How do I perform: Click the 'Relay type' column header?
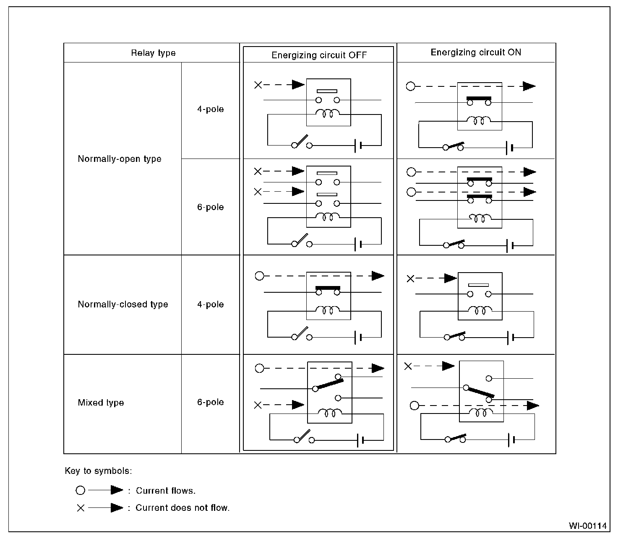153,53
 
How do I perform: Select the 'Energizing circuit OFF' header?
319,55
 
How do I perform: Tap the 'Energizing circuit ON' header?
476,52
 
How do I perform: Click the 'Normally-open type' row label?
120,159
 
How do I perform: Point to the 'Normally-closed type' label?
123,304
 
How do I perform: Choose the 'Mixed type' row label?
101,403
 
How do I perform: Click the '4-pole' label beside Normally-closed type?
210,304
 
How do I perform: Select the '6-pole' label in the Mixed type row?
210,402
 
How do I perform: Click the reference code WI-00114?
588,526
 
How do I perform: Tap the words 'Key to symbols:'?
98,471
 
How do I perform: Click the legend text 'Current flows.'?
165,491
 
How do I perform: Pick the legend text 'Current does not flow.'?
182,508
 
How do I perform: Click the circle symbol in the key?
80,490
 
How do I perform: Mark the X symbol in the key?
81,508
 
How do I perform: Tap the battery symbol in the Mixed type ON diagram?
511,440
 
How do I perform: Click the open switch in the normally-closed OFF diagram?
302,334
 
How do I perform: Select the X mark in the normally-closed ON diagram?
411,278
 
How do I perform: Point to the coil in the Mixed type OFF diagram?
330,413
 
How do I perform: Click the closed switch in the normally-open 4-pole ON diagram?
454,146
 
